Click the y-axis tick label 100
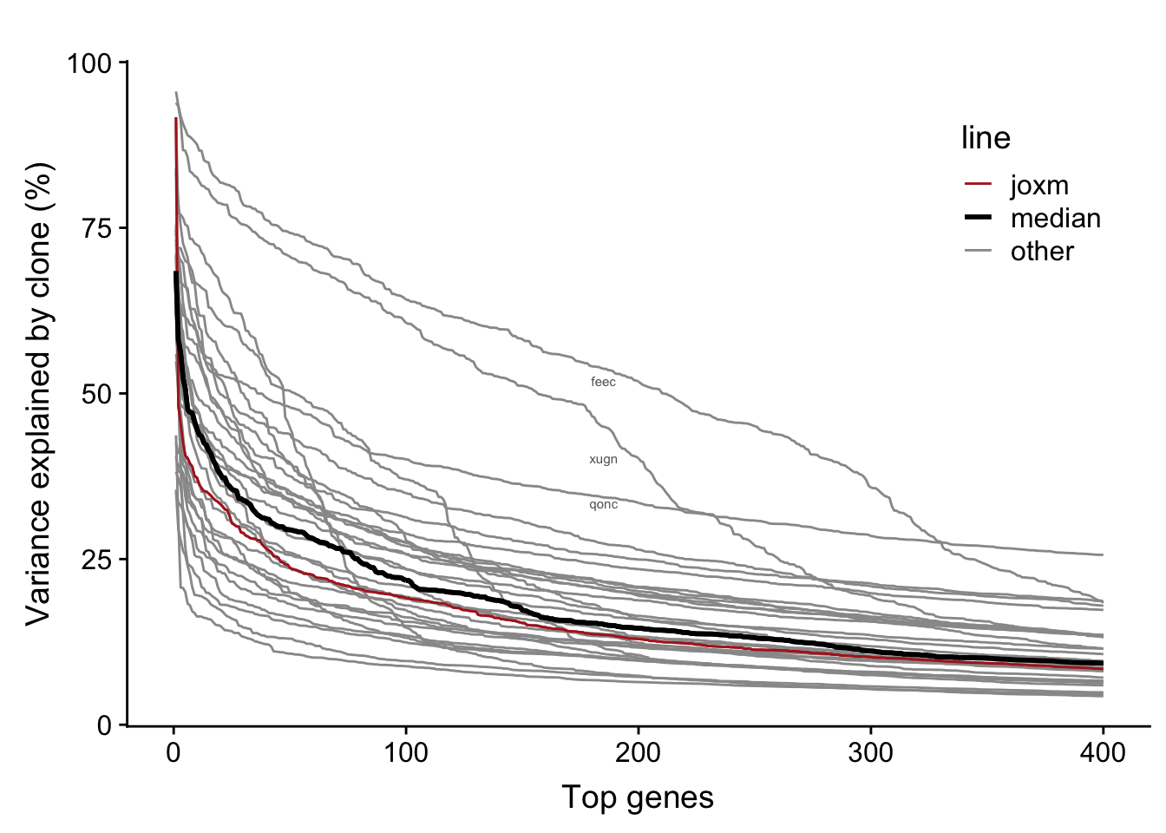(90, 63)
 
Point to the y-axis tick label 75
(98, 228)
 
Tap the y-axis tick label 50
(98, 394)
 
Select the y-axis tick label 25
(98, 560)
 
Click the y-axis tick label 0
(105, 725)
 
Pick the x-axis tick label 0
(174, 751)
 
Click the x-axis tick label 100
(406, 751)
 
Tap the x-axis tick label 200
(639, 751)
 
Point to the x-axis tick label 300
(870, 751)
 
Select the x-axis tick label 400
(1103, 751)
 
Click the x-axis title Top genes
(638, 797)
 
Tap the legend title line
(986, 138)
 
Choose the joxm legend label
(1039, 185)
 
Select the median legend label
(1055, 218)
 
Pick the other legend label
(1042, 251)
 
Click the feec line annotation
(603, 382)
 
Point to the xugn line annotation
(603, 459)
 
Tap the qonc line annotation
(603, 504)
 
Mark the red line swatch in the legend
(978, 185)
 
